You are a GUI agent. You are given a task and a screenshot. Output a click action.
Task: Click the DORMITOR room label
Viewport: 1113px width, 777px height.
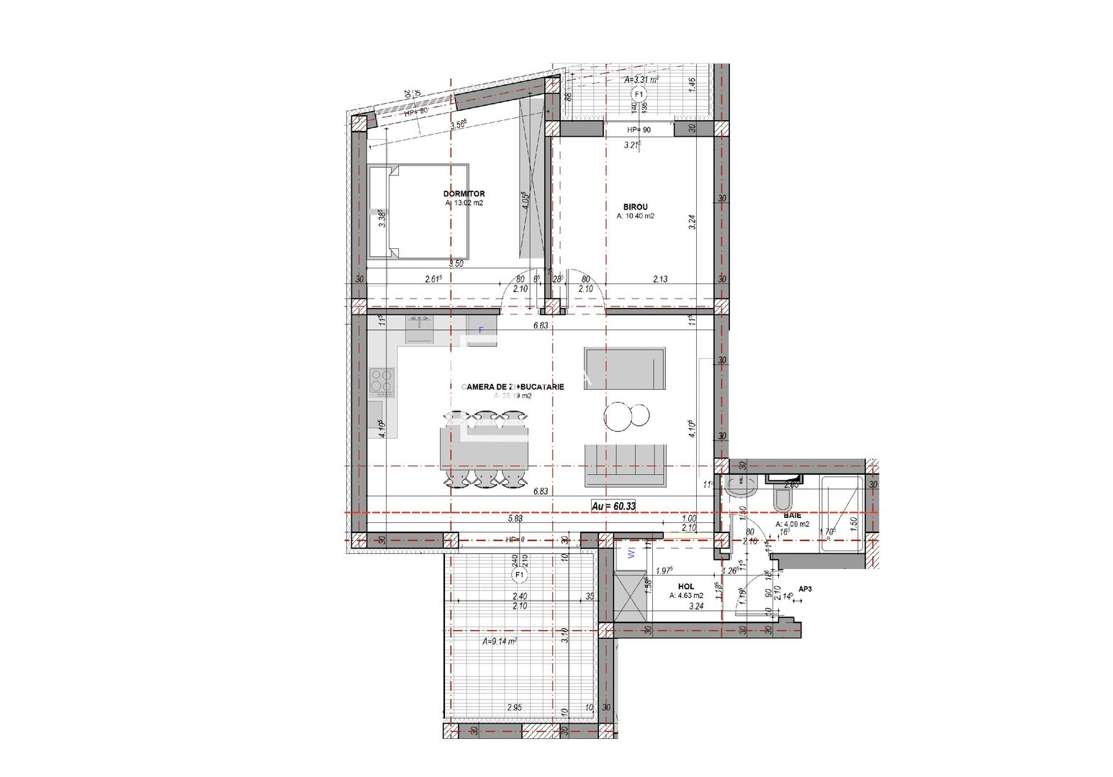pyautogui.click(x=464, y=194)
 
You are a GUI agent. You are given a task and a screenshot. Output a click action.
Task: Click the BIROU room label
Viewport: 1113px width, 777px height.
pyautogui.click(x=635, y=207)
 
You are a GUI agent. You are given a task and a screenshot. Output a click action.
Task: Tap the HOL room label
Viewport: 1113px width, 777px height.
pyautogui.click(x=685, y=587)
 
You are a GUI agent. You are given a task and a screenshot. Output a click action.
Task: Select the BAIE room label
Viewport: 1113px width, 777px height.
pyautogui.click(x=792, y=516)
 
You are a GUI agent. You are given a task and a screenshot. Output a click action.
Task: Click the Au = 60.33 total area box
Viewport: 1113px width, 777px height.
pyautogui.click(x=613, y=506)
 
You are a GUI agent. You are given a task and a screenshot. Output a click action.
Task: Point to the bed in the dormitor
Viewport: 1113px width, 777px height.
pyautogui.click(x=419, y=212)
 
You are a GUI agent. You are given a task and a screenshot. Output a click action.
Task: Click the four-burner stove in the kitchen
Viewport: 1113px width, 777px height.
pyautogui.click(x=382, y=381)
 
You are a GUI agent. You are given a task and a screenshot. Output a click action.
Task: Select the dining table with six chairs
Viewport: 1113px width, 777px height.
pyautogui.click(x=484, y=449)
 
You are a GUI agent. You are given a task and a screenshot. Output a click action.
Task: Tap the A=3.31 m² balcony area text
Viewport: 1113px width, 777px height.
pyautogui.click(x=641, y=80)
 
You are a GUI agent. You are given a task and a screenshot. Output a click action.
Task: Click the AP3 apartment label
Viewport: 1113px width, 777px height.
pyautogui.click(x=805, y=589)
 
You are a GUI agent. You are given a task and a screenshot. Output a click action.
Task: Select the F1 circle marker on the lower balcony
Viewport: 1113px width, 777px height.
pyautogui.click(x=518, y=576)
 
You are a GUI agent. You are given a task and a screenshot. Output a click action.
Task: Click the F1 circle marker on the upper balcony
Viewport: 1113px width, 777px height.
pyautogui.click(x=637, y=95)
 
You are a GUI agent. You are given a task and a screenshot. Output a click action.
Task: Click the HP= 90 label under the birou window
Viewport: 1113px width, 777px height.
pyautogui.click(x=638, y=130)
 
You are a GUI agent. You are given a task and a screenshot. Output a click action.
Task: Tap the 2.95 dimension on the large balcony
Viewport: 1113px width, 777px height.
pyautogui.click(x=514, y=707)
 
